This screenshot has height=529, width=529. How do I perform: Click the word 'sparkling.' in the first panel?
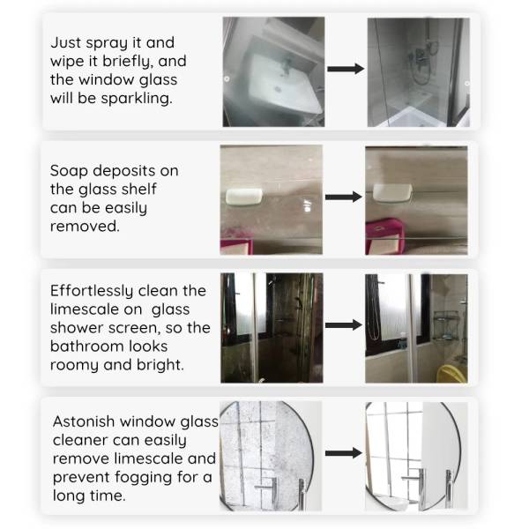tap(137, 99)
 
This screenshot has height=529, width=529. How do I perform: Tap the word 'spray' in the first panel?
tap(107, 43)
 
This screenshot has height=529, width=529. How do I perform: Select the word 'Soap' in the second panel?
tap(69, 171)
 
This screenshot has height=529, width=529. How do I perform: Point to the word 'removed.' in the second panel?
tap(85, 226)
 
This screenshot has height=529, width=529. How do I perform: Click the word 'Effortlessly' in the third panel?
tap(92, 290)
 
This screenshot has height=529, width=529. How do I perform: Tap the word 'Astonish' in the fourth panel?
tap(84, 421)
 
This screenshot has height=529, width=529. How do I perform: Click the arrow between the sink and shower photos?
tap(346, 69)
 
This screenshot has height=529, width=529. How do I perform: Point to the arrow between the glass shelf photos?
tap(344, 197)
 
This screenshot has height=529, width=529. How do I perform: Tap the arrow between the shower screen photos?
tap(344, 324)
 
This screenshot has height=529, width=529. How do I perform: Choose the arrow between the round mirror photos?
tap(344, 453)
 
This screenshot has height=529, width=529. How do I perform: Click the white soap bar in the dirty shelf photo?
tap(244, 197)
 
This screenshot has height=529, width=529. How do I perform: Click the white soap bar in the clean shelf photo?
tap(392, 192)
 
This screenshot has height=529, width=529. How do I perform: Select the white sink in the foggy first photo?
tap(284, 85)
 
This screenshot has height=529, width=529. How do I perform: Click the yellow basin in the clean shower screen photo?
tap(452, 374)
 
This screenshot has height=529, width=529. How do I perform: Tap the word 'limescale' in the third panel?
tap(84, 309)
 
